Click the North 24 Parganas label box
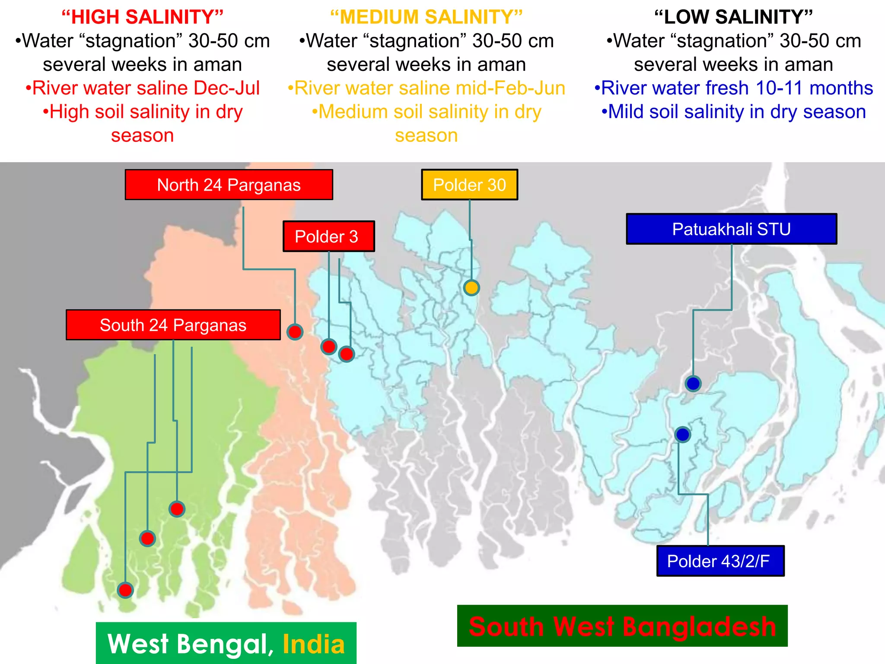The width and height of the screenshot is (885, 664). pos(229,185)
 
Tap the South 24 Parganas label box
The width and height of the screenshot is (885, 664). pos(173,325)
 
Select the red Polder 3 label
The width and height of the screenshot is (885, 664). pos(328,236)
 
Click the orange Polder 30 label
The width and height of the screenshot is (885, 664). pos(469,185)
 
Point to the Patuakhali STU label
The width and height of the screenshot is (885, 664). pos(731,229)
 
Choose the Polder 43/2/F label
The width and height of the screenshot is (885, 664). pos(720,561)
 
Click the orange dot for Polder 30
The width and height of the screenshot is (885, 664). pos(471,287)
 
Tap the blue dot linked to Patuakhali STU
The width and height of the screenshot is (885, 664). pos(693,383)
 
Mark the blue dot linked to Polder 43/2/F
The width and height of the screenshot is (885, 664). pos(683,434)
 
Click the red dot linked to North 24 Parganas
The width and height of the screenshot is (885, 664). pos(295,332)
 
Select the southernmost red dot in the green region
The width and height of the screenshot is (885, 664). pos(125,590)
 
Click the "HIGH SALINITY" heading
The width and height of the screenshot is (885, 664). pos(142,17)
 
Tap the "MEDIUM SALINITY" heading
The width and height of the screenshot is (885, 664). pos(426,17)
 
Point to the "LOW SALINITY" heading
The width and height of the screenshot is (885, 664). pos(733,17)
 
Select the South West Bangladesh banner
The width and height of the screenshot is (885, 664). pos(622,626)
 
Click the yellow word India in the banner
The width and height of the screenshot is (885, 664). pos(314,644)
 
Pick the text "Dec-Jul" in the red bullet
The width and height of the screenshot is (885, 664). pos(226,88)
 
